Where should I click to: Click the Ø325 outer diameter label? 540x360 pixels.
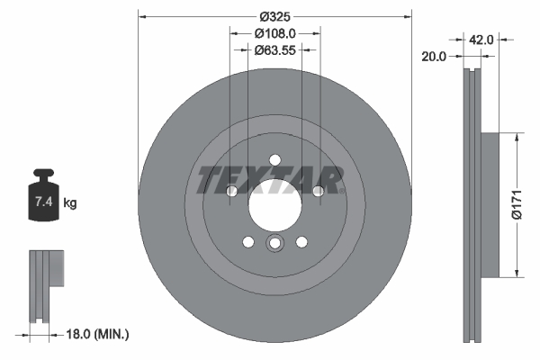tap(274, 16)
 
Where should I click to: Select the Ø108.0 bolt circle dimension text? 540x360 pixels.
tap(274, 33)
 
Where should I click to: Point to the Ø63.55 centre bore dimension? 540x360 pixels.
tap(274, 50)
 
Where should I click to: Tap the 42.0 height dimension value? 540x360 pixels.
tap(482, 40)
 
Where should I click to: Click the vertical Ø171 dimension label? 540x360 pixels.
tap(517, 204)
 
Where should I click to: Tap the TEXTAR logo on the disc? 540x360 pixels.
tap(270, 180)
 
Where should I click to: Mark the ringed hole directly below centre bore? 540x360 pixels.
tap(274, 245)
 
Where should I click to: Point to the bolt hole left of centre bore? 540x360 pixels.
tap(231, 191)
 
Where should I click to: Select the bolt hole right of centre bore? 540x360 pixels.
tap(318, 191)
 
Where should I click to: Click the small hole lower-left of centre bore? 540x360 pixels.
tap(248, 240)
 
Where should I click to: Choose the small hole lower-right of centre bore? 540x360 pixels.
tap(301, 240)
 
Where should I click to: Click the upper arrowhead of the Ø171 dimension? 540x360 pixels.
tap(516, 138)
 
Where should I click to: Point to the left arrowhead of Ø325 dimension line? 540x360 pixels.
tap(143, 16)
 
